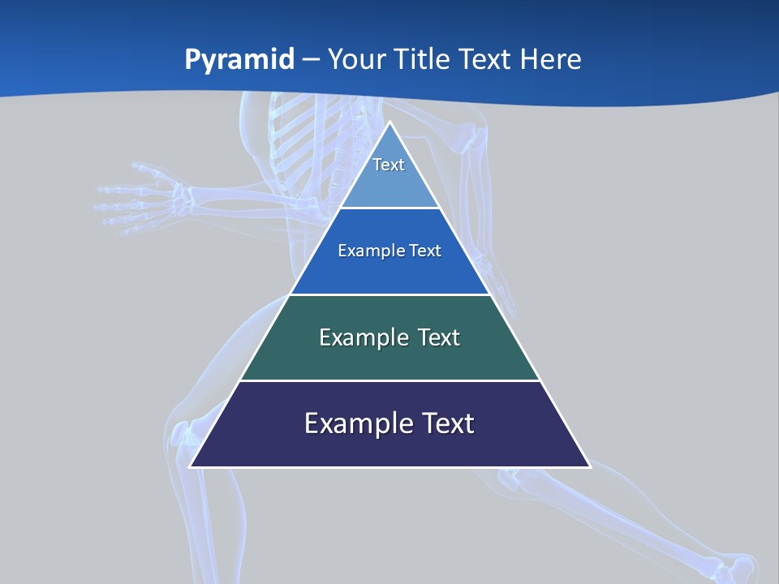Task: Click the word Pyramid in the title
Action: click(x=239, y=60)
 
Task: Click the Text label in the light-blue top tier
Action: click(x=389, y=165)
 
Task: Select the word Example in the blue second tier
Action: click(x=367, y=251)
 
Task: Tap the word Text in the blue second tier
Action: click(x=426, y=251)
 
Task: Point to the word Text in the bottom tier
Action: click(x=446, y=423)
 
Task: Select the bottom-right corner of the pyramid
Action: click(x=588, y=466)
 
